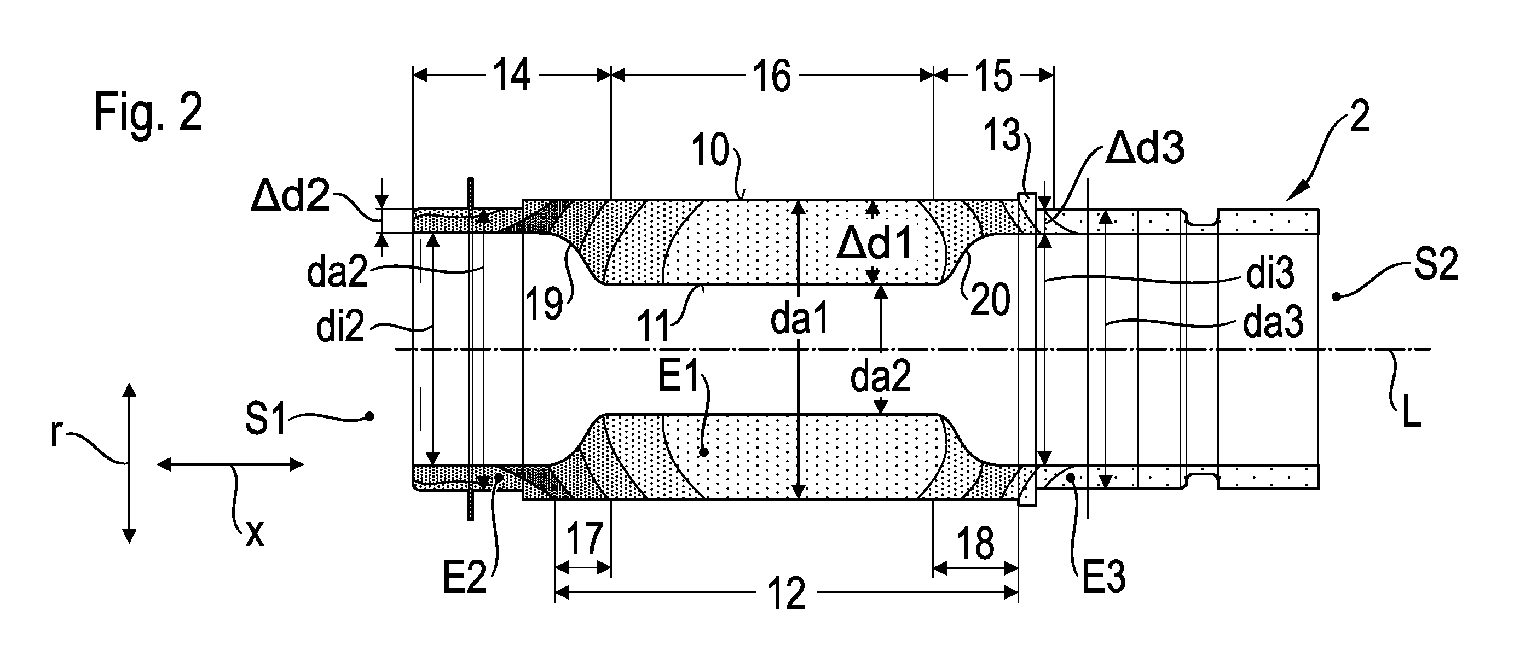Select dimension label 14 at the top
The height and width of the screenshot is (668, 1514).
pos(511,77)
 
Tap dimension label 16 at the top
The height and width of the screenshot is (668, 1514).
pos(772,77)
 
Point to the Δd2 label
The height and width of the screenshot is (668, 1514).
pos(290,195)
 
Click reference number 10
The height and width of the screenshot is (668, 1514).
pos(710,150)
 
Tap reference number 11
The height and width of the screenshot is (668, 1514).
pos(654,327)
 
